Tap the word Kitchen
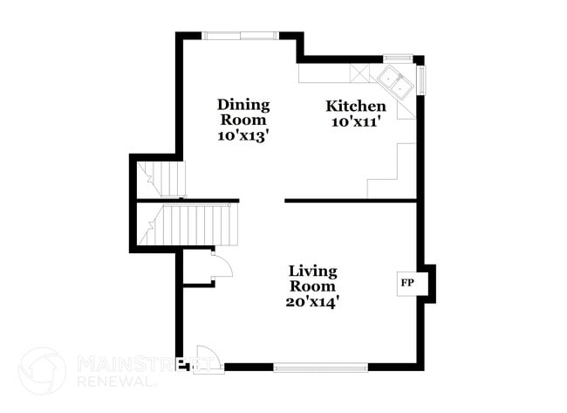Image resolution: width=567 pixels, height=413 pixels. coord(356,106)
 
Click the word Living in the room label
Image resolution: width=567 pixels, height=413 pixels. coord(313,271)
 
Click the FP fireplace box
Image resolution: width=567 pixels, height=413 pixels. coord(407,283)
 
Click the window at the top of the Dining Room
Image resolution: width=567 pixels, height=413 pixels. coord(241,35)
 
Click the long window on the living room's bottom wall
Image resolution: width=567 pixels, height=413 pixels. coord(320,367)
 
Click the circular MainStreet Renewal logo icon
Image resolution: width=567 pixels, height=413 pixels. coord(42,370)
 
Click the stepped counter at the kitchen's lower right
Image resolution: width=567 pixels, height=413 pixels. coord(388,175)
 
